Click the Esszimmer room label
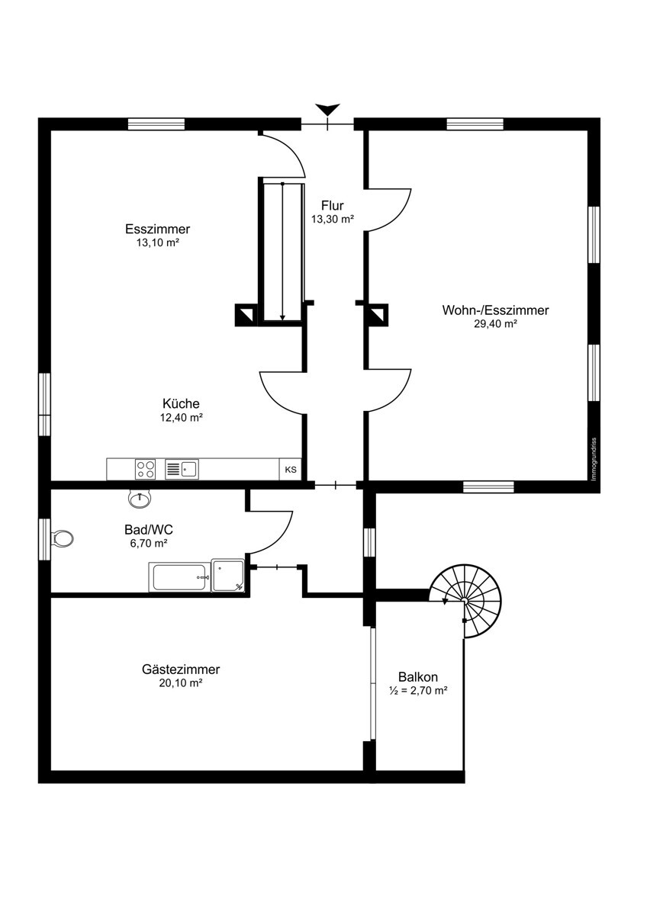pos(157,228)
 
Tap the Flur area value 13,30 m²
pos(333,219)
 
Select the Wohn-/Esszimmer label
pos(495,310)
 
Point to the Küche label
pos(181,403)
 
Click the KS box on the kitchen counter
pos(291,470)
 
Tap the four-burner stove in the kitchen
pos(145,469)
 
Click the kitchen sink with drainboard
pos(182,469)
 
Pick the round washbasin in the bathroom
pos(140,499)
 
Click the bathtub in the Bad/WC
pos(179,576)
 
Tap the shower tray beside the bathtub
pos(227,576)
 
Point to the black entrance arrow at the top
pos(327,110)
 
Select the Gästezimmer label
pos(181,669)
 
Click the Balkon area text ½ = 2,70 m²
pos(417,691)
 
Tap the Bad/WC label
pos(148,530)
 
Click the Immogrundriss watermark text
pos(594,459)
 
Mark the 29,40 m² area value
pos(495,324)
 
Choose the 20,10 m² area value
pos(181,683)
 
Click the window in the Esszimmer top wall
pos(156,124)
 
